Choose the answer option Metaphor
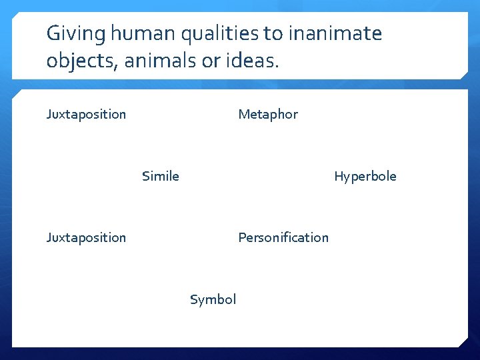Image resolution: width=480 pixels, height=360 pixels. pos(268,114)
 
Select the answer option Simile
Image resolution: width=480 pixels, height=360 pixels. pos(160,176)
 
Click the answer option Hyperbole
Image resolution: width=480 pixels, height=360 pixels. pos(365,176)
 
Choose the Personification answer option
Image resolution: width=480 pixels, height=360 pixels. pos(283,237)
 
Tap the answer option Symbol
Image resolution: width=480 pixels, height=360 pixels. pos(213,299)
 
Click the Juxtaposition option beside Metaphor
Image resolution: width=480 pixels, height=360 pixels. pos(86,114)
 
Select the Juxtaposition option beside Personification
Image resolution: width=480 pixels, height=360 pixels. pos(86,237)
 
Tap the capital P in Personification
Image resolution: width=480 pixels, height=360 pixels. pos(242,237)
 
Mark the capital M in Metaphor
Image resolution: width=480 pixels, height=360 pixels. pos(243,114)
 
